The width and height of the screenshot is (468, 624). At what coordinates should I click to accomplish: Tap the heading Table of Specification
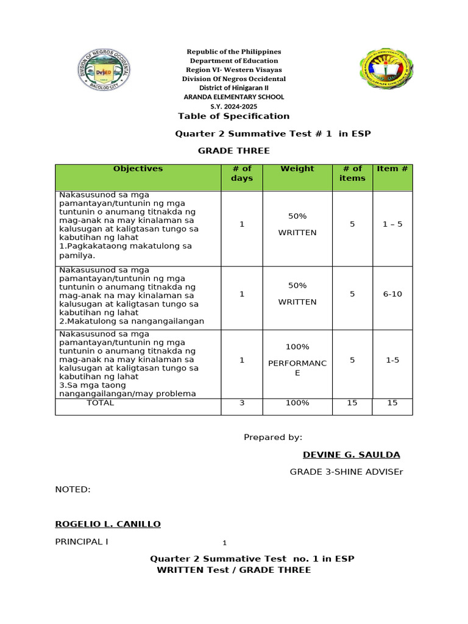coord(233,116)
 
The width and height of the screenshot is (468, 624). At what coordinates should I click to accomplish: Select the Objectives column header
coord(138,169)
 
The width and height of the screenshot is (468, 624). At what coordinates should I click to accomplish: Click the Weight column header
coord(297,169)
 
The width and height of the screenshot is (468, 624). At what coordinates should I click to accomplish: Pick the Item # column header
coord(392,169)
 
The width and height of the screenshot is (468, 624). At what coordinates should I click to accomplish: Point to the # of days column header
coord(241,173)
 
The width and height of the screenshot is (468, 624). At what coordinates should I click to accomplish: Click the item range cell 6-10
coord(392,294)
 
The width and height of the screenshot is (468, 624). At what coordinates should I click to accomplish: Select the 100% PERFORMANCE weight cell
coord(297,360)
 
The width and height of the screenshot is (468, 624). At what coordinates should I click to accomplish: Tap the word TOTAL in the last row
coord(100,403)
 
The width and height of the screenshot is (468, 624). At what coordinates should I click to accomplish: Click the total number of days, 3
coord(241,403)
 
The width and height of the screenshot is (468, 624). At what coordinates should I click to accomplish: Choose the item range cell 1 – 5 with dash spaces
coord(392,224)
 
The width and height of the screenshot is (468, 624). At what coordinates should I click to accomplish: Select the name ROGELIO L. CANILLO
coord(108,524)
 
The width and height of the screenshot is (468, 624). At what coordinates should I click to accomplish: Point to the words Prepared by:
coord(273,438)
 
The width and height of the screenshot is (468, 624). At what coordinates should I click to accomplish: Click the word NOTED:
coord(73,489)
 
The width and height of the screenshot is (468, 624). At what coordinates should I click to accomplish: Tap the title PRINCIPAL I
coord(82,542)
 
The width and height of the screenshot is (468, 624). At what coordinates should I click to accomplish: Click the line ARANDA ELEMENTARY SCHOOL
coord(234,97)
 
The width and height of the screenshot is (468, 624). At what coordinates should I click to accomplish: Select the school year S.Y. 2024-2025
coord(234,106)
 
